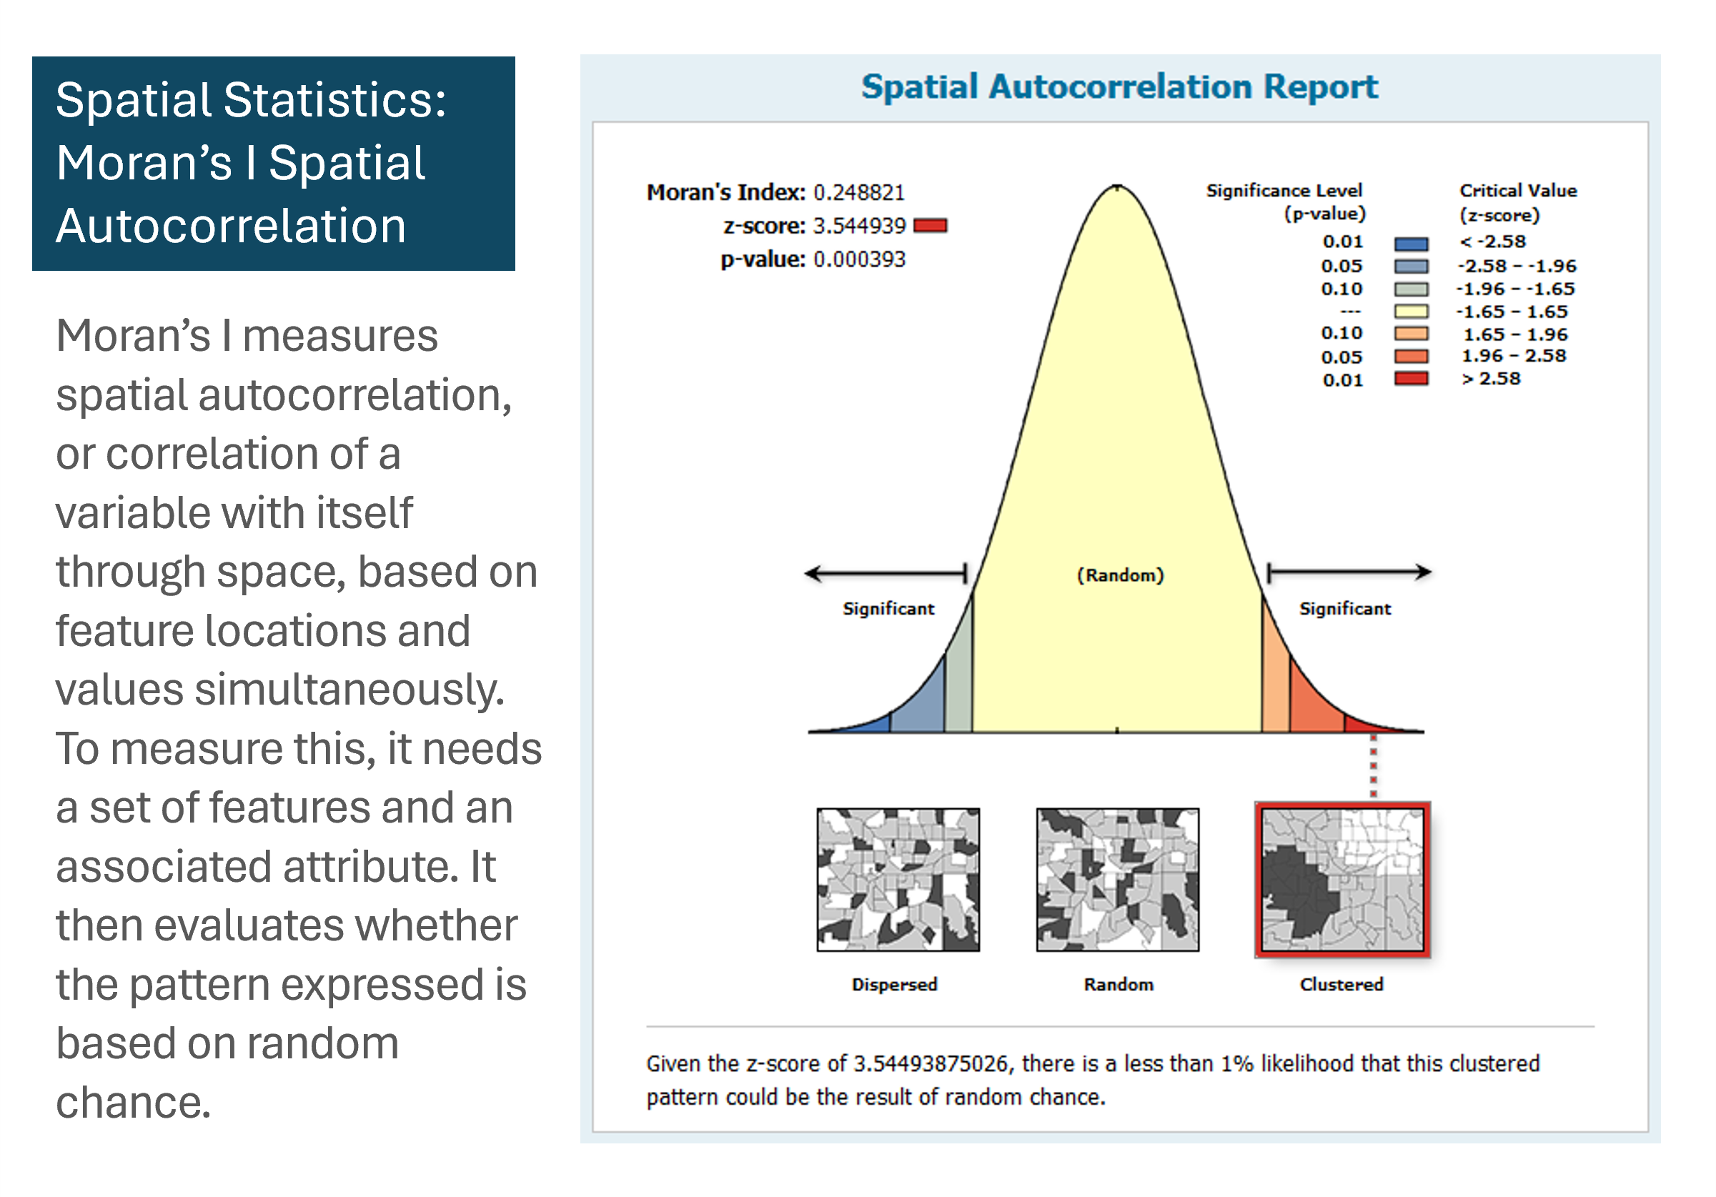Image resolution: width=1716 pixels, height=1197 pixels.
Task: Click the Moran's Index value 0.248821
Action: pos(859,193)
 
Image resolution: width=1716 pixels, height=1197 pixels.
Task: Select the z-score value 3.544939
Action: pos(859,226)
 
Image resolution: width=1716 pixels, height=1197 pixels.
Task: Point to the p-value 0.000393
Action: pos(859,259)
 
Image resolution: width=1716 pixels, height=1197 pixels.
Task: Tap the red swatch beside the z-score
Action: pos(930,226)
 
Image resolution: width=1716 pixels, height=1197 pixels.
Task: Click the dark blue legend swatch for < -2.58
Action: pos(1411,244)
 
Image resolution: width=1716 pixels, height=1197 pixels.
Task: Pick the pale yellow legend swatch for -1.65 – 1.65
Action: pos(1411,312)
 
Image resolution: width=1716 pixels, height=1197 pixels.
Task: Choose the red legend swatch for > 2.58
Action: pos(1411,379)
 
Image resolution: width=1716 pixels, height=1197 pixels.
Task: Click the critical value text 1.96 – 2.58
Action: pos(1514,356)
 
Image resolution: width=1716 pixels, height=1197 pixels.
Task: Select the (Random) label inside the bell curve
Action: pos(1121,575)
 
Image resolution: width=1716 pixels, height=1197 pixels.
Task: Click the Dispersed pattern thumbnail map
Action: pos(898,880)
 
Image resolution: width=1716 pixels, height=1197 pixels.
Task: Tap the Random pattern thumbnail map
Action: pos(1117,880)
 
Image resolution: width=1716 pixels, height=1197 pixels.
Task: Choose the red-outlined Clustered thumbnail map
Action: pos(1342,880)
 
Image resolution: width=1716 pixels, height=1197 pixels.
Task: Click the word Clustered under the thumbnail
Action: pos(1341,984)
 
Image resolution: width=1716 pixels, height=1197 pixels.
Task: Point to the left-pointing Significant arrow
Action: pos(886,574)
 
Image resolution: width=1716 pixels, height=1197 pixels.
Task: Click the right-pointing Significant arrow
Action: pos(1349,572)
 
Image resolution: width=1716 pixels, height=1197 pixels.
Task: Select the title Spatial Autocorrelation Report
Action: pos(1120,86)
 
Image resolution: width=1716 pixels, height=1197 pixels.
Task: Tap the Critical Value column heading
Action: pos(1518,202)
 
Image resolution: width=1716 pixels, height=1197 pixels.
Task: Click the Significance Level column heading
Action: pos(1286,202)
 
